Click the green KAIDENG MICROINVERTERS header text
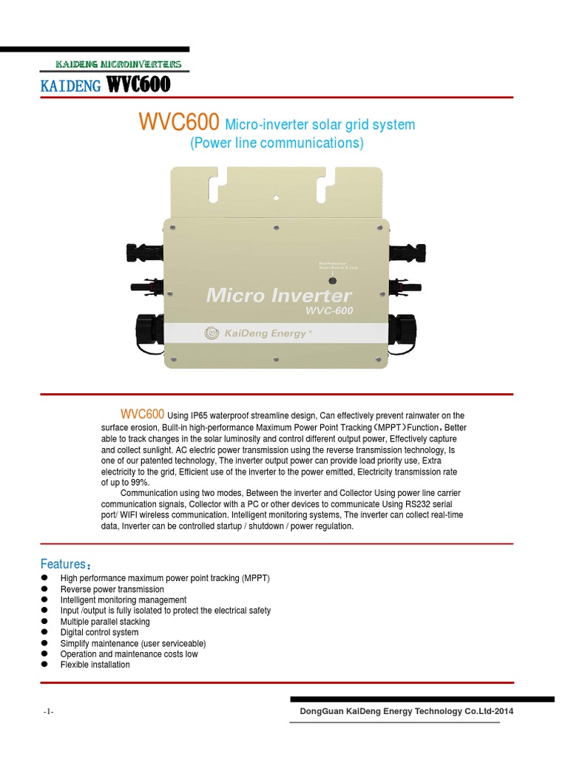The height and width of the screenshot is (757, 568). (x=118, y=65)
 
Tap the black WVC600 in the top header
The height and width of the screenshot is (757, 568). (x=138, y=86)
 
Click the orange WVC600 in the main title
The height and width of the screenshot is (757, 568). (x=178, y=123)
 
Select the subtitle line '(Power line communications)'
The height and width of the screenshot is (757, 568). (x=277, y=143)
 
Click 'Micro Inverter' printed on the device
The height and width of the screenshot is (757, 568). (x=279, y=296)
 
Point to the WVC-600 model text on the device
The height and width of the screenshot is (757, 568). (x=329, y=310)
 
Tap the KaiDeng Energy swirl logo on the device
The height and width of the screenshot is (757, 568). (x=213, y=333)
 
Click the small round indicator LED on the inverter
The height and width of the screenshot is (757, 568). (x=332, y=281)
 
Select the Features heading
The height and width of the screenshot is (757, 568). (x=65, y=565)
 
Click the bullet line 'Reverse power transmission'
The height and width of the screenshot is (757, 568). (x=112, y=589)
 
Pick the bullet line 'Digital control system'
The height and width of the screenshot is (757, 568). (x=99, y=632)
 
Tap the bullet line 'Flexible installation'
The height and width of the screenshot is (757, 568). (x=95, y=665)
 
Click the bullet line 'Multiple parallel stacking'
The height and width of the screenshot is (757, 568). (x=105, y=622)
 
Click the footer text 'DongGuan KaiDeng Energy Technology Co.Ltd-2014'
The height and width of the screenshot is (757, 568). (x=406, y=711)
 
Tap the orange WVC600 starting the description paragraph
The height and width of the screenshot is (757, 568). (x=142, y=413)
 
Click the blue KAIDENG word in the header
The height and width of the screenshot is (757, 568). (x=71, y=87)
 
